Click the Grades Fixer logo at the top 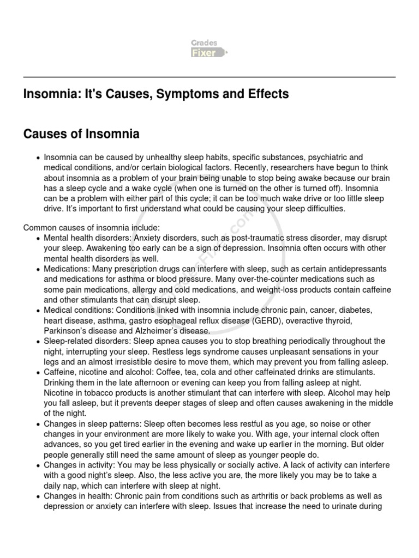tap(209, 48)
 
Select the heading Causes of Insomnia tap(81, 134)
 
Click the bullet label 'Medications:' tap(67, 269)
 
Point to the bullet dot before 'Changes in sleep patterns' tap(37, 424)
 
